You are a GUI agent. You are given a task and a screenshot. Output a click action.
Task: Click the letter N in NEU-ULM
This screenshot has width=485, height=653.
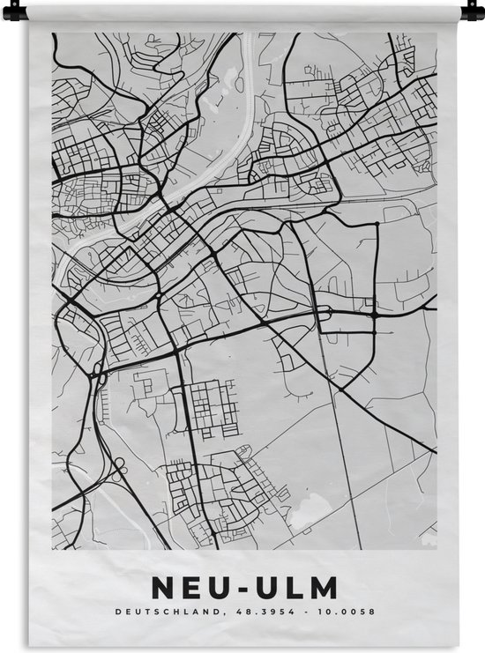pyautogui.click(x=164, y=588)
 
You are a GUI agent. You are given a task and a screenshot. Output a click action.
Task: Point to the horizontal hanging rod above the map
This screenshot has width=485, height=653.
pyautogui.click(x=242, y=10)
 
